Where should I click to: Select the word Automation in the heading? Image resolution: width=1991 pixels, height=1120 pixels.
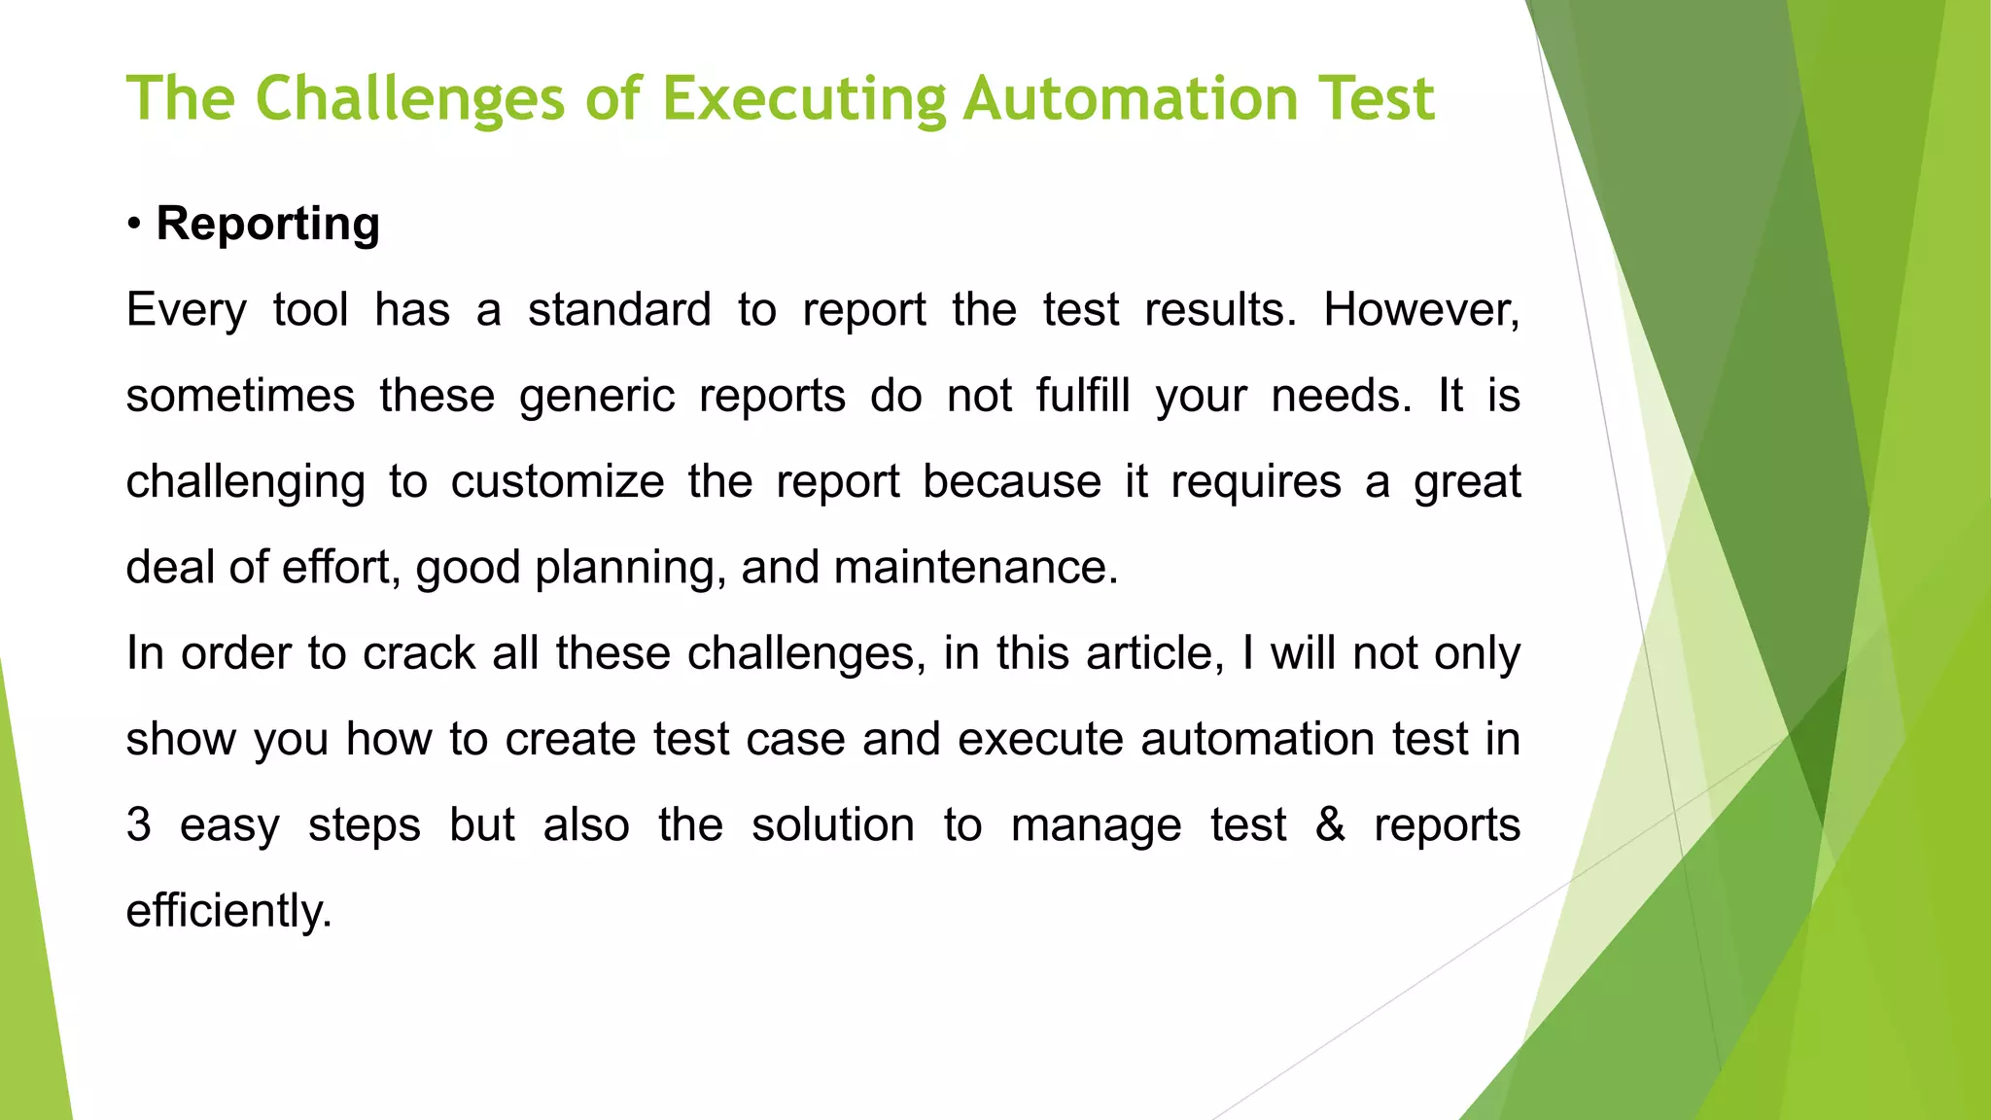tap(1131, 99)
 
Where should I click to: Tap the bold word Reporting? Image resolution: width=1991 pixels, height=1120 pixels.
tap(267, 224)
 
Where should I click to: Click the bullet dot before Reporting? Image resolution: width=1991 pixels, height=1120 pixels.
tap(134, 226)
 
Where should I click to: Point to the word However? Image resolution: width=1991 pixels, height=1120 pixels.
tap(1420, 310)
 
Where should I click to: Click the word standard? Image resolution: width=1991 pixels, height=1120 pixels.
tap(619, 310)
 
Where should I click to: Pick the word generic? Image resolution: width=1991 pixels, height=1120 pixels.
tap(596, 397)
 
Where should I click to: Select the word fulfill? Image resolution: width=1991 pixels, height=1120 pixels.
tap(1082, 396)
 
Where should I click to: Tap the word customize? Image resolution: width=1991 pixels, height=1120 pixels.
tap(557, 482)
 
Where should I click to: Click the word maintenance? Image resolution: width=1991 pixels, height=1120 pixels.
tap(975, 568)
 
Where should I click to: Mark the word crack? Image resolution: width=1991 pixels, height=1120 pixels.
tap(419, 653)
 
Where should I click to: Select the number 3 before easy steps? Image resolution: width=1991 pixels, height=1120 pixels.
tap(139, 825)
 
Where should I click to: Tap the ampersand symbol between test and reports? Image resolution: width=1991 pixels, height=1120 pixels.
tap(1330, 824)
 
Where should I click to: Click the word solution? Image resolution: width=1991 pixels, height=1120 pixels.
tap(832, 825)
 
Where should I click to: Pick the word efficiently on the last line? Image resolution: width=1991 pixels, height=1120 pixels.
tap(229, 911)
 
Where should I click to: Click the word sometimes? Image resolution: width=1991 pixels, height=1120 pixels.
tap(240, 397)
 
